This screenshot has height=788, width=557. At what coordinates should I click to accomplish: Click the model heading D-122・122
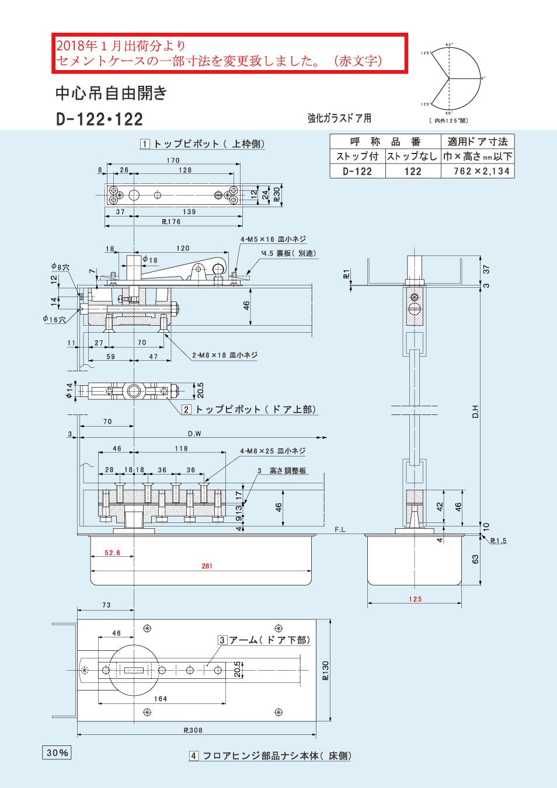click(99, 120)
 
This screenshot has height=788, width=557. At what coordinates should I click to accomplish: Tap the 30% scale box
click(57, 752)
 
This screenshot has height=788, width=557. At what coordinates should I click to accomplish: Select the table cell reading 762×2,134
click(482, 171)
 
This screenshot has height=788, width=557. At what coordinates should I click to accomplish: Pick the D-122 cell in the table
click(357, 171)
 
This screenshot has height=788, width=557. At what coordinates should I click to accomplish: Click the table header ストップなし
click(412, 156)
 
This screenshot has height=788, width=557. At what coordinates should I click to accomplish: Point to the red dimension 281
click(207, 566)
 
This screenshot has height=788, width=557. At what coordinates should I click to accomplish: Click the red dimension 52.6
click(112, 553)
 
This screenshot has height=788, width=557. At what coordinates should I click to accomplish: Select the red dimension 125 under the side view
click(415, 599)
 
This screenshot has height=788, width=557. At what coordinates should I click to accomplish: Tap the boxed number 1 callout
click(145, 144)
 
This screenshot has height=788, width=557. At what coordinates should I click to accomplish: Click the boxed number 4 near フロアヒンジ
click(194, 756)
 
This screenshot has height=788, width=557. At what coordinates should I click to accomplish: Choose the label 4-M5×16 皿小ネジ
click(273, 239)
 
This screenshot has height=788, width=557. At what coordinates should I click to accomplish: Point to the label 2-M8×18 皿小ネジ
click(225, 355)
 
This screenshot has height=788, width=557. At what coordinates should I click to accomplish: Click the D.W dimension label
click(194, 434)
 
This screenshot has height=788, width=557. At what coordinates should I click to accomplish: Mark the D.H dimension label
click(475, 412)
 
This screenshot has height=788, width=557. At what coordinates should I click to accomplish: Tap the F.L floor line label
click(340, 529)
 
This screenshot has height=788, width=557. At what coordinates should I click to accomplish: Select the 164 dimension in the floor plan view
click(161, 699)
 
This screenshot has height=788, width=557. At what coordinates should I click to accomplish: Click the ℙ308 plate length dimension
click(193, 730)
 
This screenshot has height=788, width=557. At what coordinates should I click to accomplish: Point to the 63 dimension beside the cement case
click(475, 559)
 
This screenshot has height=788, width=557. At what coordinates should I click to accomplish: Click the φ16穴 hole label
click(54, 319)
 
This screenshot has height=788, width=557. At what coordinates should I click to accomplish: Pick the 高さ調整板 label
click(287, 471)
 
